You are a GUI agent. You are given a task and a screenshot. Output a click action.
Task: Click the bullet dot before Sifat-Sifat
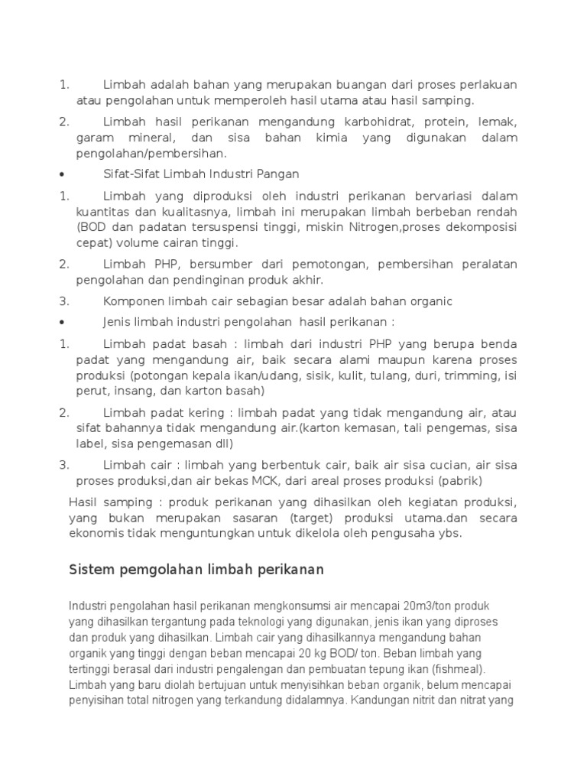(60, 174)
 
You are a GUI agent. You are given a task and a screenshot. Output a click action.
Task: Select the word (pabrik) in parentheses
(461, 480)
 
